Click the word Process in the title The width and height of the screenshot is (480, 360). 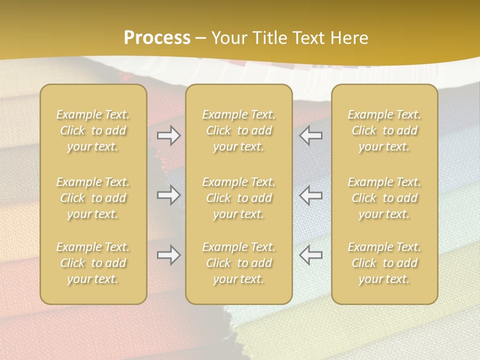[157, 38]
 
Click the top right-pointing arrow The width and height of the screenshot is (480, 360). [169, 136]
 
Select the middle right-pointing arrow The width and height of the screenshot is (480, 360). [169, 195]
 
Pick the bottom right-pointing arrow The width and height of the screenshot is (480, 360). [169, 255]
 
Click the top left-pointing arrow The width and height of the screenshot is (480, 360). [310, 136]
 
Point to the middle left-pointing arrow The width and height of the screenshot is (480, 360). [310, 195]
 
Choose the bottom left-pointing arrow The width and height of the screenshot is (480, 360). [310, 255]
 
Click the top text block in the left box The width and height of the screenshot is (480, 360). [93, 130]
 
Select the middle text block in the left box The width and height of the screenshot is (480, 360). [93, 198]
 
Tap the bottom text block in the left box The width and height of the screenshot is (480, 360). [93, 263]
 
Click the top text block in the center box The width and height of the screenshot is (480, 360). [239, 130]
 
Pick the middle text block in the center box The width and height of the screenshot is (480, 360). [239, 198]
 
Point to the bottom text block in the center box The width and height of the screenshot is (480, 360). [239, 263]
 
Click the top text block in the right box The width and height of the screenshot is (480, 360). [384, 130]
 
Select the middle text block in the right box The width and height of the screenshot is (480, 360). [384, 198]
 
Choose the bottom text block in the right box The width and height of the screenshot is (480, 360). [384, 263]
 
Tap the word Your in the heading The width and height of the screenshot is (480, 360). [229, 38]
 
